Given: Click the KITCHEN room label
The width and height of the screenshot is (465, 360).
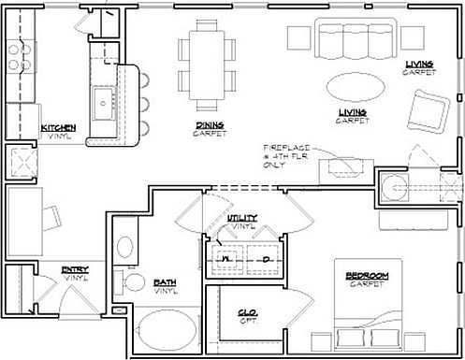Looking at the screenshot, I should [58, 128].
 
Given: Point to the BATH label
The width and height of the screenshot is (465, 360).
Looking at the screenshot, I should [166, 281].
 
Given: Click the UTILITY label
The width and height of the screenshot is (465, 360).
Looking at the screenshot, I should [241, 218].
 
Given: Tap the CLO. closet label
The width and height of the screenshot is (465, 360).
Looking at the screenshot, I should [248, 313].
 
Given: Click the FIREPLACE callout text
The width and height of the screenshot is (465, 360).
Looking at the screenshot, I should [288, 149].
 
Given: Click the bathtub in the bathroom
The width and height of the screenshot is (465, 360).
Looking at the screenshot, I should [167, 332].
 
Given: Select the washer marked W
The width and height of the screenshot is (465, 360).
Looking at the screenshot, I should [225, 259].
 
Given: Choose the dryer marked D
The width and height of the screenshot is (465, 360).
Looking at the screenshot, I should [266, 259].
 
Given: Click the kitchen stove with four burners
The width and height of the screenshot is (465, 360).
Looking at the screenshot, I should [18, 59].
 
